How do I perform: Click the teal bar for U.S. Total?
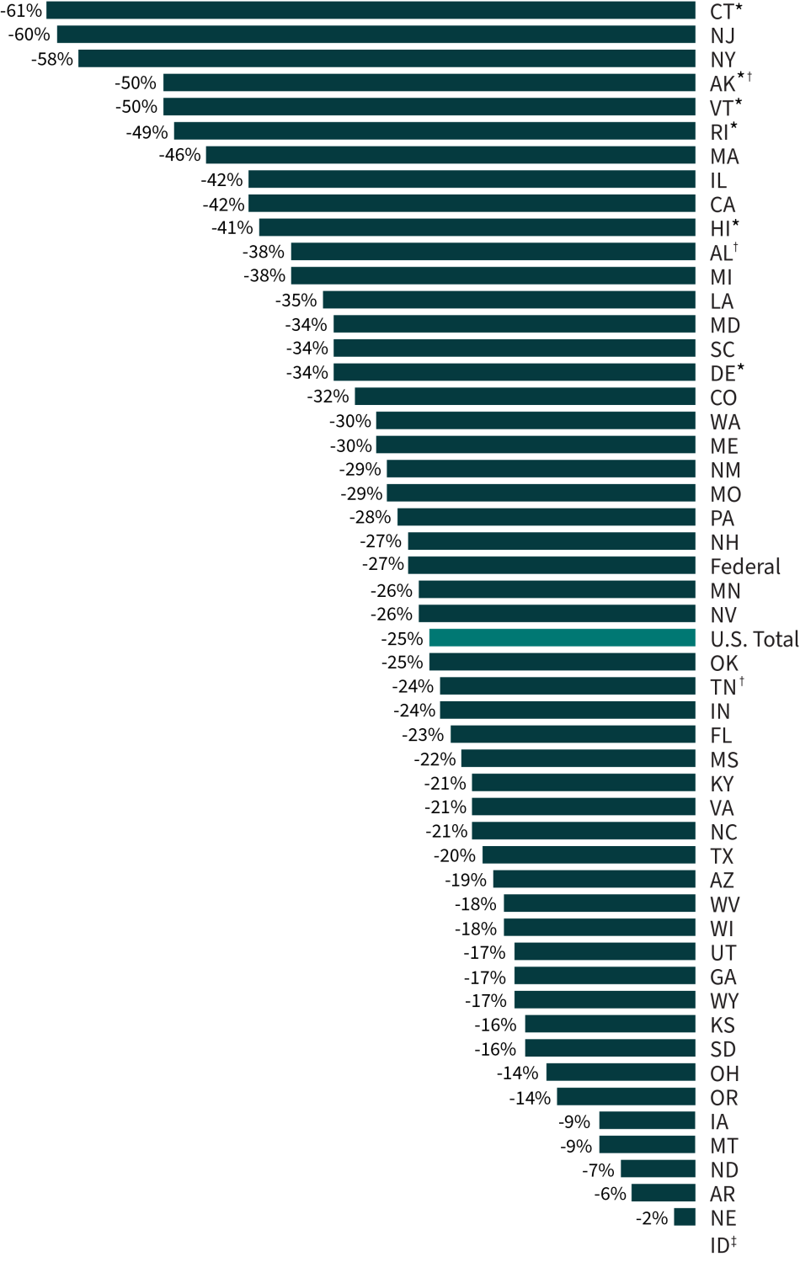pyautogui.click(x=562, y=638)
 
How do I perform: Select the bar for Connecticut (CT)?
pyautogui.click(x=371, y=11)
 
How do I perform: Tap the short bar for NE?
pyautogui.click(x=685, y=1217)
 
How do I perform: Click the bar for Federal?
pyautogui.click(x=552, y=566)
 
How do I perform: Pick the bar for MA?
pyautogui.click(x=451, y=156)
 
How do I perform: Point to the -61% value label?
pyautogui.click(x=21, y=11)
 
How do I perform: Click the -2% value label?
pyautogui.click(x=652, y=1218)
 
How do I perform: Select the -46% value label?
pyautogui.click(x=180, y=155)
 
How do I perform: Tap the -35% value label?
pyautogui.click(x=296, y=301)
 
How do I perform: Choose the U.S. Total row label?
pyautogui.click(x=754, y=640)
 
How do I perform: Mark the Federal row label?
pyautogui.click(x=745, y=567)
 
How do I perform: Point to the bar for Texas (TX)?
pyautogui.click(x=589, y=855)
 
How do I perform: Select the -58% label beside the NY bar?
pyautogui.click(x=52, y=60)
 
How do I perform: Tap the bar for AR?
pyautogui.click(x=663, y=1193)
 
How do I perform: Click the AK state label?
pyautogui.click(x=723, y=84)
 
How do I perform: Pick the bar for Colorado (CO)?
pyautogui.click(x=525, y=397)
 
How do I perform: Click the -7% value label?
pyautogui.click(x=598, y=1170)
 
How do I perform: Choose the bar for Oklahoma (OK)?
pyautogui.click(x=562, y=663)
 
